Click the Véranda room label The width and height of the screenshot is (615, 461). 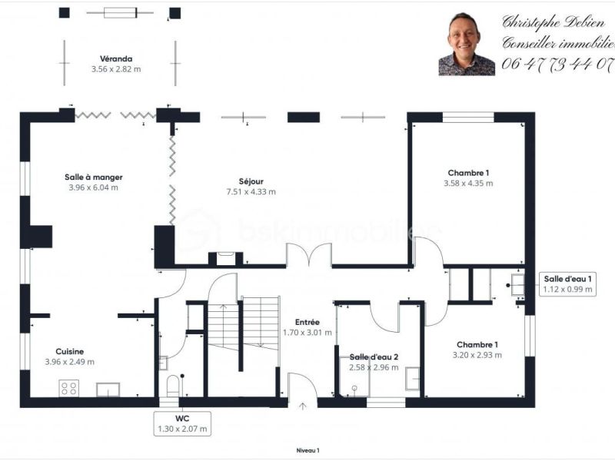[x=116, y=59]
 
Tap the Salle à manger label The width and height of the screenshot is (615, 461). [x=93, y=177]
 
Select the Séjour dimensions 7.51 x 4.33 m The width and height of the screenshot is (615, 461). [x=251, y=191]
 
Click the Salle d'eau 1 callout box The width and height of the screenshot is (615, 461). [x=567, y=284]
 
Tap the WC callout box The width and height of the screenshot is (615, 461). [x=182, y=423]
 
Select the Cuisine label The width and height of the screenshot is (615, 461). [x=70, y=352]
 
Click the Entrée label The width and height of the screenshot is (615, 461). [x=307, y=322]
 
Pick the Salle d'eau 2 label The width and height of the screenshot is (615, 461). [x=374, y=357]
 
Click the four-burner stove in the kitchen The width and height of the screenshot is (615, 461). [x=69, y=388]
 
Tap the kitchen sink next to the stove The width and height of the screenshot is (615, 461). [x=108, y=390]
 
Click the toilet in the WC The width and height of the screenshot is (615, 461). [x=173, y=386]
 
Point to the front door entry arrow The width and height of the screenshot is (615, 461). [x=303, y=406]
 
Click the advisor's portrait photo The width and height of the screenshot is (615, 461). [x=467, y=44]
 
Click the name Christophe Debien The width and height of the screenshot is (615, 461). [x=553, y=22]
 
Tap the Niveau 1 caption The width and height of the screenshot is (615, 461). [x=308, y=450]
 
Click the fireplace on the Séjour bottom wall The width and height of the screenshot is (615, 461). [x=225, y=258]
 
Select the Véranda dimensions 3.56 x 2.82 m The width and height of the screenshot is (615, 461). [x=116, y=69]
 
